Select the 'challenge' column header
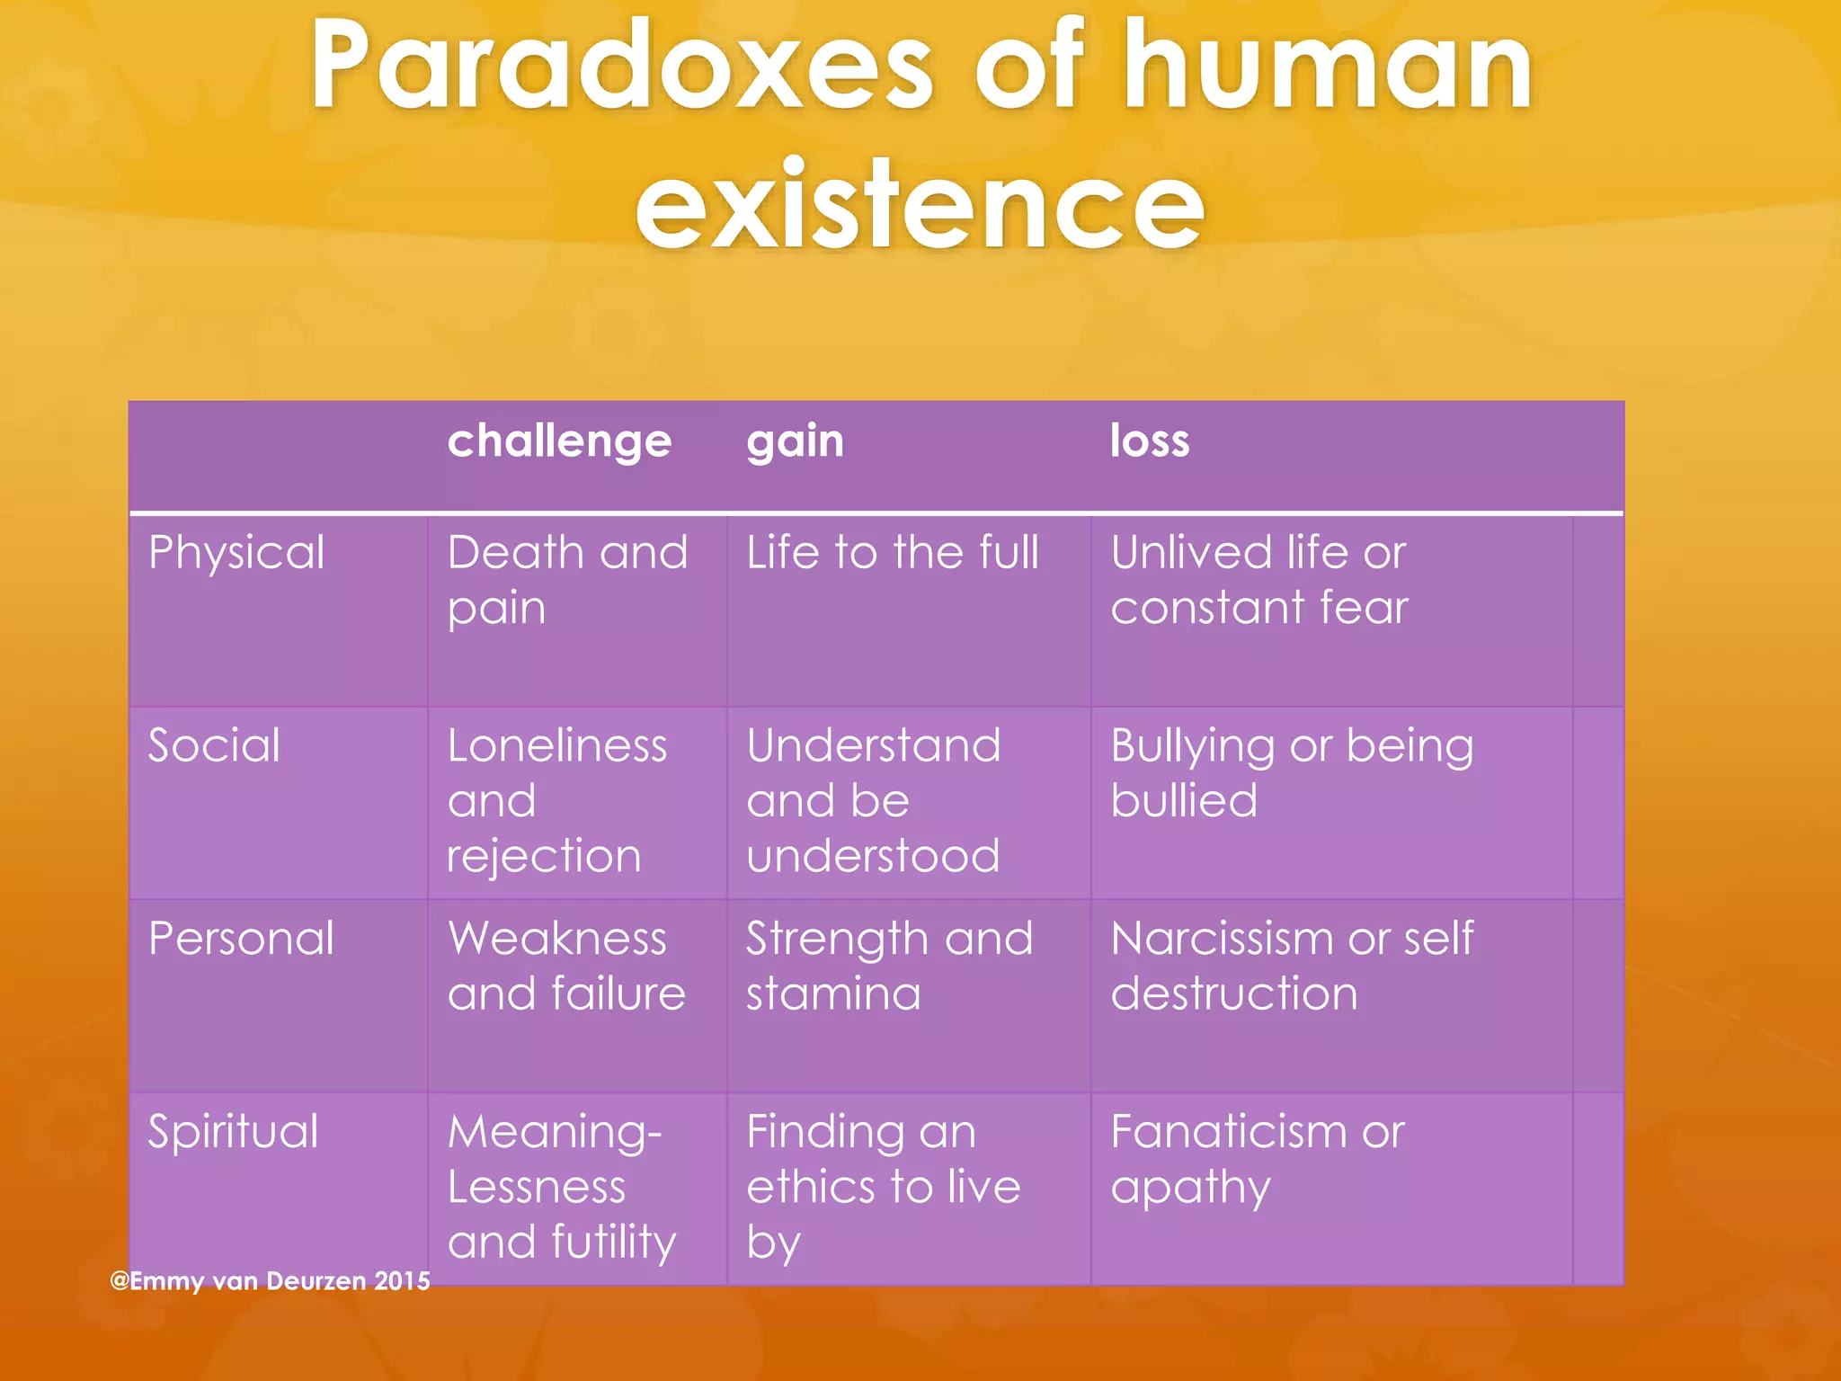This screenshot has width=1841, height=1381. coord(559,441)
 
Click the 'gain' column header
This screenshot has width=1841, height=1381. coord(795,441)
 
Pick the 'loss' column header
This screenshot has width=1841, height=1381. coord(1149,441)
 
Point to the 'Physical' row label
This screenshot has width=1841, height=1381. coord(236,552)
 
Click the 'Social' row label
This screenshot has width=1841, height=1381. coord(214,745)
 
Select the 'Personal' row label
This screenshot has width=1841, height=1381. coord(241,939)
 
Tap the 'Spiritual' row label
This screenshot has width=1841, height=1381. coord(233,1131)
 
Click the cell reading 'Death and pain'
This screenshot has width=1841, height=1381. coord(567,580)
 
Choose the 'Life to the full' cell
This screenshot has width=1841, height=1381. coord(893,552)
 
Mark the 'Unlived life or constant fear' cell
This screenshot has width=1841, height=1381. coord(1258,580)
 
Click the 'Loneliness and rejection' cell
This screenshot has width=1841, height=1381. coord(557,800)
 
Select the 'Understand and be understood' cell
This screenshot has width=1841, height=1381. coord(873,800)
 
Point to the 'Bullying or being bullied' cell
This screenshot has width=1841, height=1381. coord(1292,773)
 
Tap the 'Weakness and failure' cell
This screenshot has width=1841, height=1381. coord(566,967)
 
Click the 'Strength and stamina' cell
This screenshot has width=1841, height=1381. coord(889,967)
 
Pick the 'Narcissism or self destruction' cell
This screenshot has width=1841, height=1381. coord(1292,967)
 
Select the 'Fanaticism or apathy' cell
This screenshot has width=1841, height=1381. coord(1257,1159)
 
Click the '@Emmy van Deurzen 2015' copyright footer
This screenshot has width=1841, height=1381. coord(270,1280)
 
